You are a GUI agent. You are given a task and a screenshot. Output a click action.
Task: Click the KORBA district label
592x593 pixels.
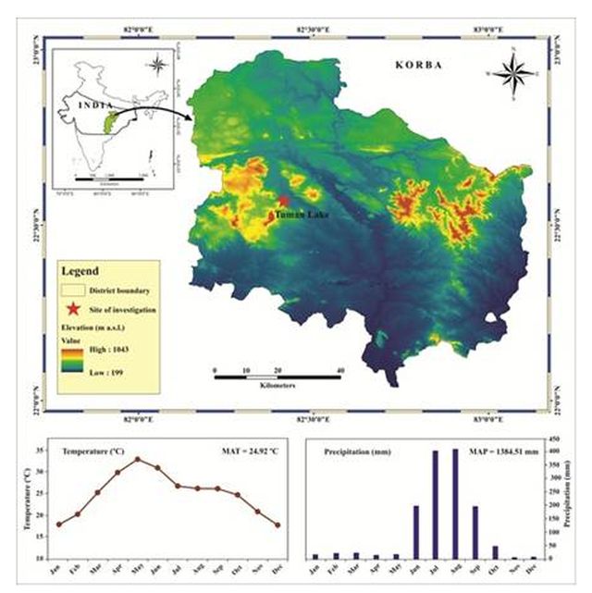(x=419, y=66)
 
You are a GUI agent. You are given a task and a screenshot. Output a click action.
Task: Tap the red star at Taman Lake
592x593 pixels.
(x=284, y=201)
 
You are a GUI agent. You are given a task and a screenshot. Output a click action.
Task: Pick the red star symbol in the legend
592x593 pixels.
(x=74, y=310)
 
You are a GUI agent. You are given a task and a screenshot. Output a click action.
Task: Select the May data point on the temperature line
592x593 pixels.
(x=138, y=459)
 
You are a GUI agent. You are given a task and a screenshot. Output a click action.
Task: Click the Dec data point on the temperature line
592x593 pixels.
(x=277, y=525)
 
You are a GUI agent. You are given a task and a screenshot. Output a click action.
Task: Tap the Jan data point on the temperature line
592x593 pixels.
(x=58, y=525)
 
